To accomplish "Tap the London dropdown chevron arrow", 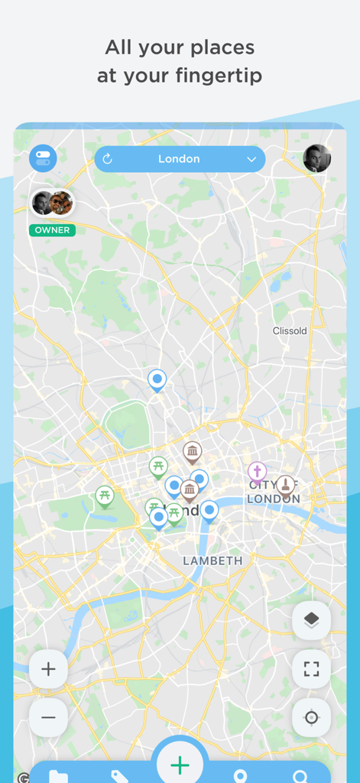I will point(251,159).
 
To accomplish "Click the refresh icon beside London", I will point(108,159).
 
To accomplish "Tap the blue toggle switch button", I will point(43,158).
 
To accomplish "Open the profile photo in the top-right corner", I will point(317,158).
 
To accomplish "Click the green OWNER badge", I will point(52,230).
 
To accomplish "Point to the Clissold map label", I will point(290,331).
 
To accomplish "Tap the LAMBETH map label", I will point(212,560).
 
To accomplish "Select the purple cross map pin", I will point(258,471).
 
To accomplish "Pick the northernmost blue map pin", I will point(157,379).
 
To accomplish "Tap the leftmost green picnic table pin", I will point(105,495).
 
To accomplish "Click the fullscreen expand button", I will point(311,669).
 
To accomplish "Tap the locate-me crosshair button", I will point(311,717).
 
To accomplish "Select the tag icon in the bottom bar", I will point(119,776).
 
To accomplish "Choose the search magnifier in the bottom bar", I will point(300,776).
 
